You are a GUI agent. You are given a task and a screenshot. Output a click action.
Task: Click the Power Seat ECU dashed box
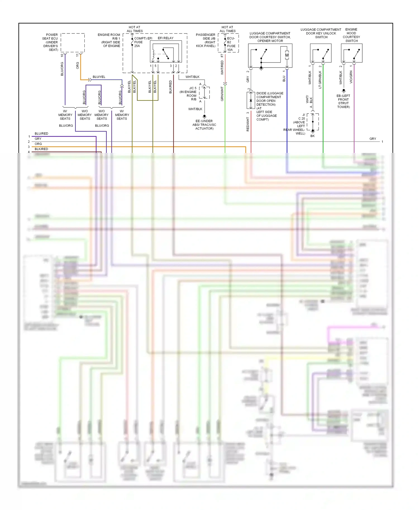73,43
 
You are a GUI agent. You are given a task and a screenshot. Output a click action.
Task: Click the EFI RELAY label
165,38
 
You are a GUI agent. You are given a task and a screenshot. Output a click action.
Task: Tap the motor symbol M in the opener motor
287,55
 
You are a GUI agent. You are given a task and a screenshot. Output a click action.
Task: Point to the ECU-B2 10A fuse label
231,44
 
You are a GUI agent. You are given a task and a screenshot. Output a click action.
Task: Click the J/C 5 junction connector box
204,92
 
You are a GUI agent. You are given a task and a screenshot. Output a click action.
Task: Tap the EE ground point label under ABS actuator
204,125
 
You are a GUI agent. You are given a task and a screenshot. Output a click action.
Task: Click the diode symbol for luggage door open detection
251,100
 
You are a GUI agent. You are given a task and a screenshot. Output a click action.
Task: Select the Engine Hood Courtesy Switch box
351,53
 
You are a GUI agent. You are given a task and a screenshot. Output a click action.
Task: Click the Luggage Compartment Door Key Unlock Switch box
321,53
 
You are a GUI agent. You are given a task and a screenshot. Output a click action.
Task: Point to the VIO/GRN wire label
351,77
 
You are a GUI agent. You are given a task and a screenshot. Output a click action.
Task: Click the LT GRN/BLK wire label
320,80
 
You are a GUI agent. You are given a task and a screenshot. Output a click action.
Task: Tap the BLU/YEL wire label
99,77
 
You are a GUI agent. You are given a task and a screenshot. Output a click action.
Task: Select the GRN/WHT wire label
222,94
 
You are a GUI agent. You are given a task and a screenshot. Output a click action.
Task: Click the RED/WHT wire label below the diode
248,124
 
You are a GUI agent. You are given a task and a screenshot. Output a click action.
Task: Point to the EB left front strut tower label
343,101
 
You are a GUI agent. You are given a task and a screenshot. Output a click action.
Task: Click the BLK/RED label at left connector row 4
41,149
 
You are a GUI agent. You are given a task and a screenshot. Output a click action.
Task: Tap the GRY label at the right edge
373,139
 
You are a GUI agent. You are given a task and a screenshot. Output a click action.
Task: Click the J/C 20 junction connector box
313,122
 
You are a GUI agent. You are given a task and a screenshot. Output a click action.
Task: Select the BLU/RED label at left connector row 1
41,134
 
